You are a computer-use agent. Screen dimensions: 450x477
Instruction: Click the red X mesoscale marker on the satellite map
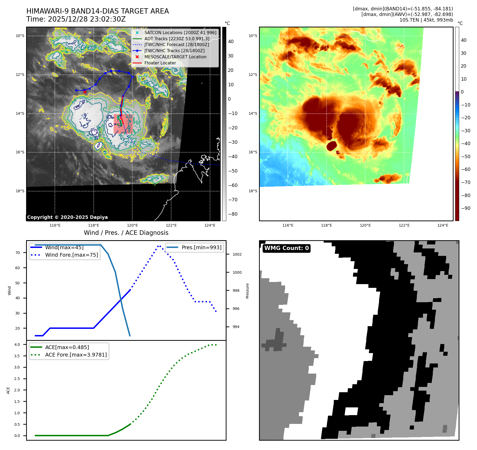coord(85,92)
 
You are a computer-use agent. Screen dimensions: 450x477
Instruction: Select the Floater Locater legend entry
coord(160,63)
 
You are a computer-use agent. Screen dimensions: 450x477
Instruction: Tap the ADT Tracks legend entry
coord(177,39)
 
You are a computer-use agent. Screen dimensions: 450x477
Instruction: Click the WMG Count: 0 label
coord(286,248)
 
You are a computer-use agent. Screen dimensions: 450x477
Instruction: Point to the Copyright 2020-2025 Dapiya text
coord(67,217)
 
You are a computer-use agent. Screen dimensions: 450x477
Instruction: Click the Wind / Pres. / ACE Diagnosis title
coord(126,233)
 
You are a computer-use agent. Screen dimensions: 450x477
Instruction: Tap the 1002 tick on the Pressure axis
coord(237,254)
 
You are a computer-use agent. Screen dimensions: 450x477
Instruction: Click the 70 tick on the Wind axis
coord(18,253)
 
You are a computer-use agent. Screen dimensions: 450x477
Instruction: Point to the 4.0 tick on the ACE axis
coord(17,345)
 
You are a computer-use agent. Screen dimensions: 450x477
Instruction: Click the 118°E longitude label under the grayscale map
coord(94,225)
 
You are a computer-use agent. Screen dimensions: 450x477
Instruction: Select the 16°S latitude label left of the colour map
coord(253,152)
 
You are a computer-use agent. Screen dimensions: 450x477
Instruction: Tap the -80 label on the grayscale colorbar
coord(233,214)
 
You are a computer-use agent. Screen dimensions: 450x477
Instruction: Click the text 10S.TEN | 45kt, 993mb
coord(426,20)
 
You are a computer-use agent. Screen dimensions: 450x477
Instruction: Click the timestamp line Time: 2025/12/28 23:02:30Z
coord(76,19)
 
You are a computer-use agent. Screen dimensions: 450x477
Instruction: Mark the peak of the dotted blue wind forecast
coord(159,246)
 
